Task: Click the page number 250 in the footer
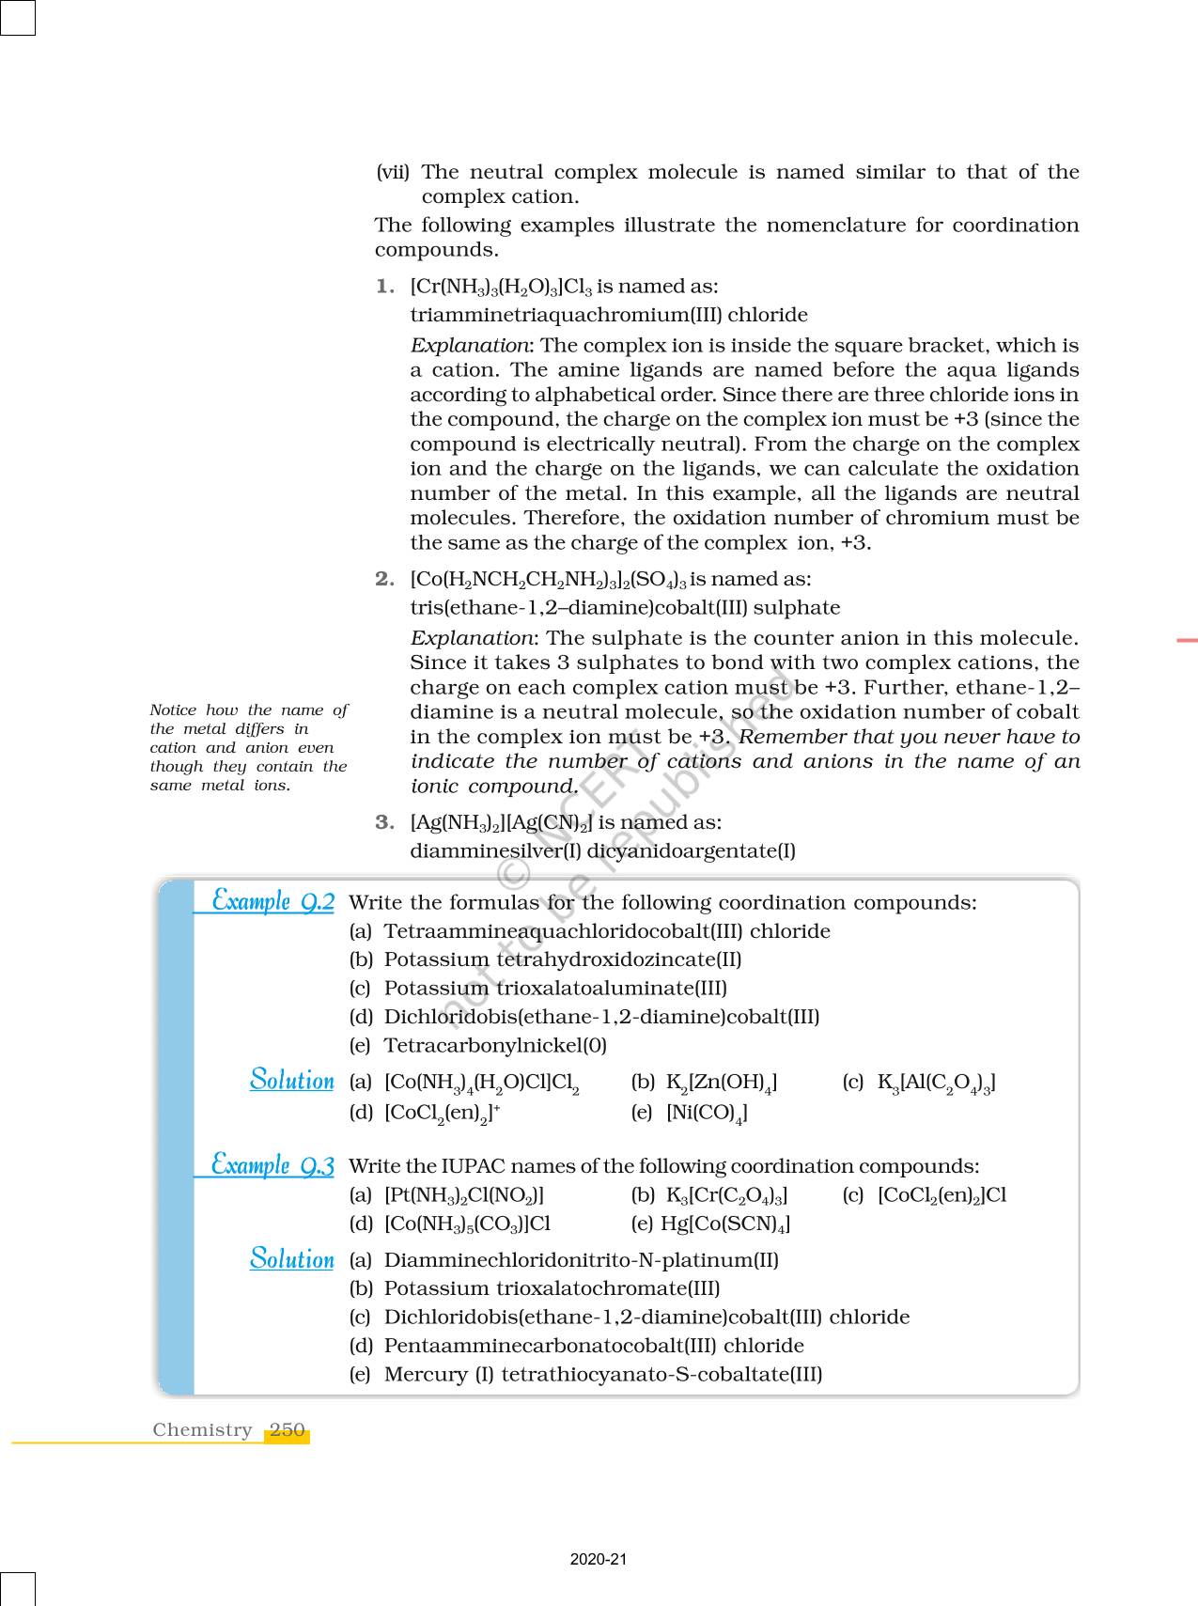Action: (x=287, y=1430)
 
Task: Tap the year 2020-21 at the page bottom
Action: (x=599, y=1559)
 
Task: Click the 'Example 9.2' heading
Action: (x=272, y=901)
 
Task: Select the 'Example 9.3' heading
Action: (x=272, y=1165)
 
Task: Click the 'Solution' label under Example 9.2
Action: (x=291, y=1081)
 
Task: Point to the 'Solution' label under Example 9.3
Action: (x=291, y=1259)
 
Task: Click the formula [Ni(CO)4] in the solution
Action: (x=707, y=1113)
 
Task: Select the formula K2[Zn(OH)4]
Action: (x=721, y=1083)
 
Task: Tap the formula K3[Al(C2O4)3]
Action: (x=936, y=1083)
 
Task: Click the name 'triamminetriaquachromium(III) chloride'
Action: (x=609, y=315)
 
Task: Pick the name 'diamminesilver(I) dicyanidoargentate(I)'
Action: (x=602, y=851)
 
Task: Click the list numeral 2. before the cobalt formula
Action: (x=384, y=579)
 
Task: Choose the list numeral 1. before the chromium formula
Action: (x=384, y=286)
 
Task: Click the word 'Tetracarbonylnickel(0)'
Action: (x=495, y=1045)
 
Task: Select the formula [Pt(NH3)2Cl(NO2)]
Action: (x=464, y=1195)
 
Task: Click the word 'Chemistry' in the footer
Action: (x=202, y=1430)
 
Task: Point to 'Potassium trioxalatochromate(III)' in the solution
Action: (x=552, y=1288)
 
